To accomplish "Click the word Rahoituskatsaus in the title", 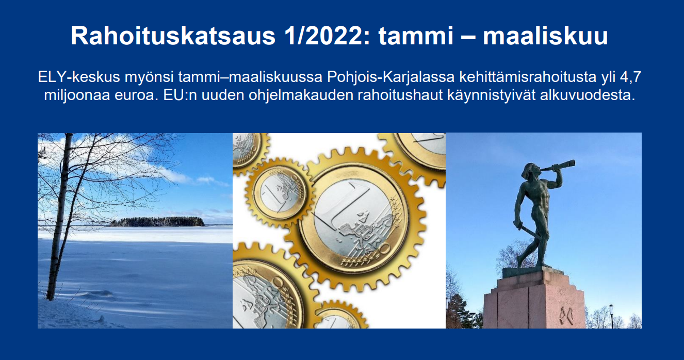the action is pyautogui.click(x=173, y=36).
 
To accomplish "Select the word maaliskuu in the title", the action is pyautogui.click(x=545, y=36).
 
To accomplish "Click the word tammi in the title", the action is pyautogui.click(x=416, y=36).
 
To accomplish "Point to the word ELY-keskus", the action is pyautogui.click(x=79, y=77).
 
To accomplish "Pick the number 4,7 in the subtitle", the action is pyautogui.click(x=630, y=77).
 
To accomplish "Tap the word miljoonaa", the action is pyautogui.click(x=77, y=95).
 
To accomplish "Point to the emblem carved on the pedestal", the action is pyautogui.click(x=566, y=316).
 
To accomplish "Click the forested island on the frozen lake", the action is pyautogui.click(x=157, y=222).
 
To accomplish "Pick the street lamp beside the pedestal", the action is pyautogui.click(x=612, y=316).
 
